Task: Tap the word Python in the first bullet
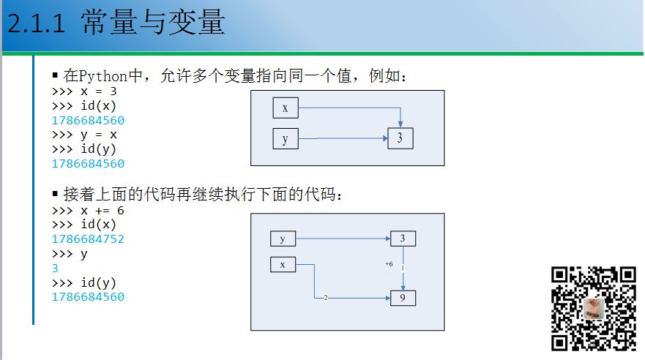tap(103, 77)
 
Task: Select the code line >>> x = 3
tap(84, 92)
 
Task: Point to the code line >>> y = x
tap(84, 135)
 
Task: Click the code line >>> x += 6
tap(88, 211)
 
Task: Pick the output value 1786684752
tap(88, 239)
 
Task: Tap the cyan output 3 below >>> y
tap(55, 269)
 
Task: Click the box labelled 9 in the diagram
tap(402, 298)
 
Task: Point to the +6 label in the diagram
tap(389, 263)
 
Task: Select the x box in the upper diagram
tap(285, 108)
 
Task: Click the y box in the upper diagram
tap(285, 138)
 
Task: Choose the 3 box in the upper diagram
tap(400, 138)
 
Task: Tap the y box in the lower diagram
tap(283, 239)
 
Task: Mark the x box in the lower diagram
tap(283, 264)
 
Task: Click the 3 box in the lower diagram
tap(402, 238)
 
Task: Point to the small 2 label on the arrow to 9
tap(324, 298)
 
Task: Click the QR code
tap(594, 307)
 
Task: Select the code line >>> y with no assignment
tap(70, 254)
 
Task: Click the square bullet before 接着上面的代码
tap(55, 194)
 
